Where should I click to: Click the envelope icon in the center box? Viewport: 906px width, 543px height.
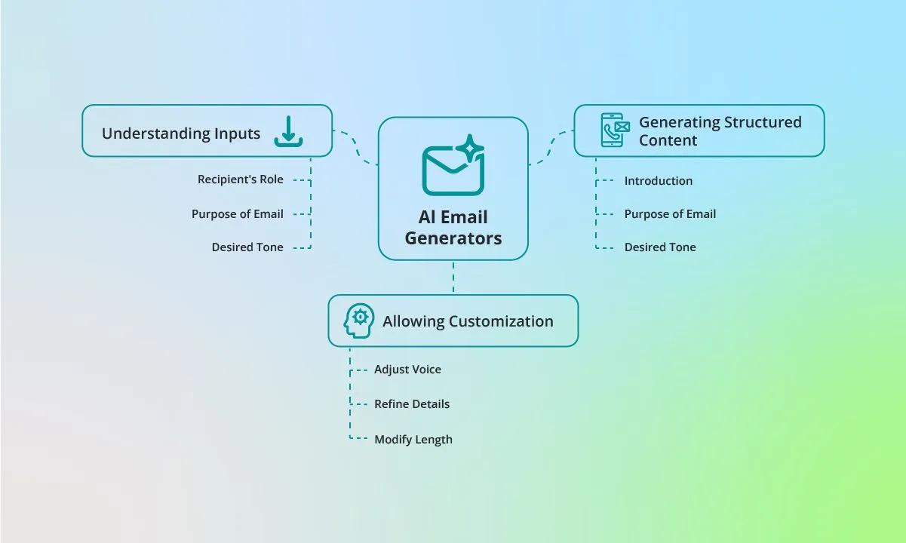[x=453, y=171]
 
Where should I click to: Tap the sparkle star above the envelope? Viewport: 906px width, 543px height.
[x=470, y=149]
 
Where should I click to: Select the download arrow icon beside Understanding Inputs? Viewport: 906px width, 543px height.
[x=288, y=131]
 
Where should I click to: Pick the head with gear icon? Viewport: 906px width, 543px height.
[x=359, y=321]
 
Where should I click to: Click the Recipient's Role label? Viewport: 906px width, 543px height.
[x=240, y=179]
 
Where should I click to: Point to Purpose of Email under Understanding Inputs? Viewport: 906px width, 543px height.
[x=238, y=214]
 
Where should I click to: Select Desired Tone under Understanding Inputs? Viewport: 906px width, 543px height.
[x=247, y=247]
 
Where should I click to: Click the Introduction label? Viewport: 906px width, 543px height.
[x=659, y=181]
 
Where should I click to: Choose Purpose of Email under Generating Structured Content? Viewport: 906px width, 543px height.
[x=670, y=214]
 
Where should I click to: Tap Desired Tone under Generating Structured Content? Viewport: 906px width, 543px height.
[x=660, y=247]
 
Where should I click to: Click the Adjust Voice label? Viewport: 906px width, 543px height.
[x=407, y=369]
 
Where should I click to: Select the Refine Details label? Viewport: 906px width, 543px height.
[x=412, y=404]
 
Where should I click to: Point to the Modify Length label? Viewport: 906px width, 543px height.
[x=413, y=439]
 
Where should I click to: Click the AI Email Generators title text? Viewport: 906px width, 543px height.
[x=453, y=228]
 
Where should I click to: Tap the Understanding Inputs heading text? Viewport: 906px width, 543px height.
[x=181, y=133]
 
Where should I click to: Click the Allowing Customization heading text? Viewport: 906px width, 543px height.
[x=468, y=321]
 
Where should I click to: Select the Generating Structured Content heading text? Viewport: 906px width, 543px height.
[x=720, y=131]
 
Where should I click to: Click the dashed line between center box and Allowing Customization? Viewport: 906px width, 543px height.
[x=453, y=278]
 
